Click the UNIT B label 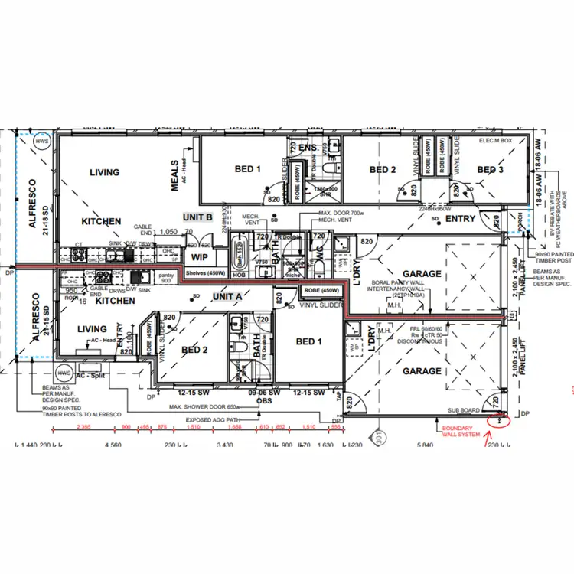pyautogui.click(x=197, y=217)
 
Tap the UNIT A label pyautogui.click(x=227, y=296)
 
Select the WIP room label pyautogui.click(x=200, y=257)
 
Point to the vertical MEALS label pyautogui.click(x=174, y=175)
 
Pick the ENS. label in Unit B pyautogui.click(x=308, y=147)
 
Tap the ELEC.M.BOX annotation pyautogui.click(x=495, y=142)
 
